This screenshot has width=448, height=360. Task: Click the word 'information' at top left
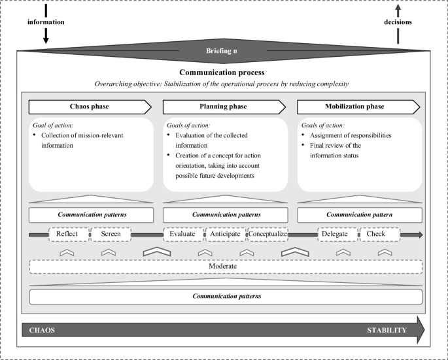tap(45, 23)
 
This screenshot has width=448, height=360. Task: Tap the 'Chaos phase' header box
tap(90, 106)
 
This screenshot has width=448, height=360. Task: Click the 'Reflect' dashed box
tap(69, 233)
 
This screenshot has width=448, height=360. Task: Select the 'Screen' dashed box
tap(110, 233)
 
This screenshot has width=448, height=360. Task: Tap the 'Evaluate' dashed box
tap(183, 233)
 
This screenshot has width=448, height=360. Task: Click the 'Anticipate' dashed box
tap(224, 233)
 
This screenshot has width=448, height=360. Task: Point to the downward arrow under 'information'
tap(45, 38)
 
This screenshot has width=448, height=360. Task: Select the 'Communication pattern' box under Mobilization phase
tap(359, 214)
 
